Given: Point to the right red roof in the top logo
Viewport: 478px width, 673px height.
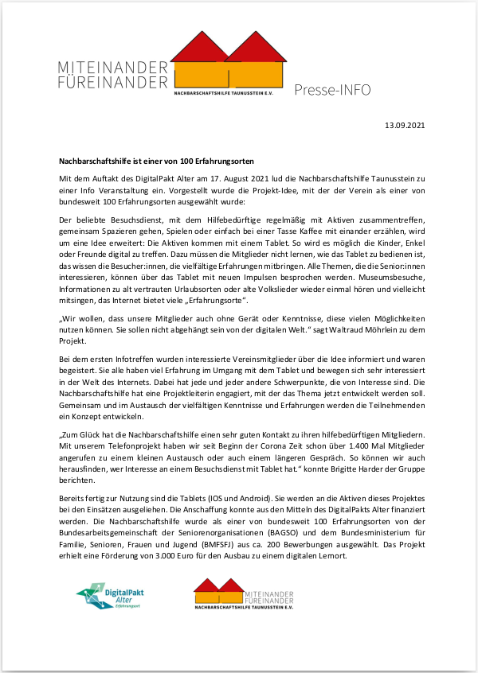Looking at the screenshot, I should [x=256, y=49].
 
